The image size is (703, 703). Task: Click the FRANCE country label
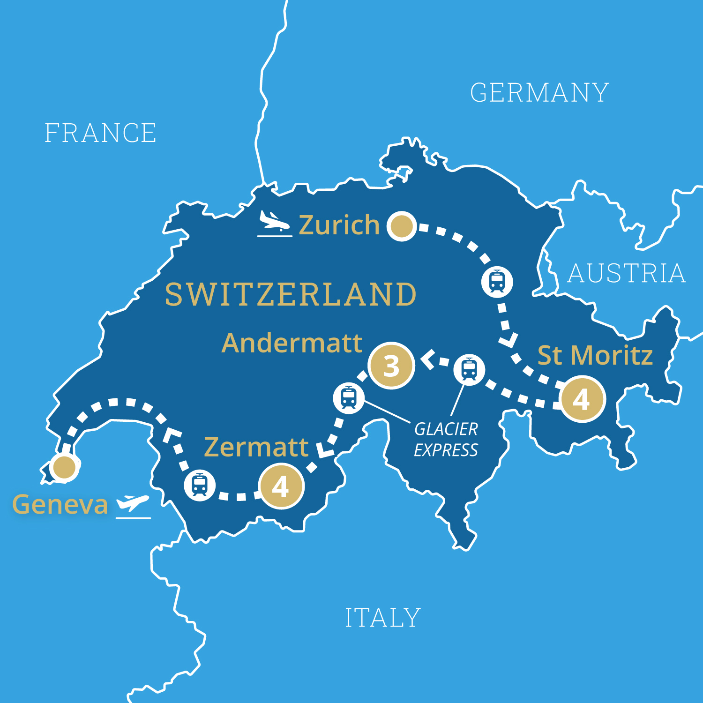click(100, 133)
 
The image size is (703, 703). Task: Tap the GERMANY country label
click(539, 93)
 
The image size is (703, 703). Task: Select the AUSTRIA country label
click(627, 273)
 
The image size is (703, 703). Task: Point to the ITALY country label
click(383, 618)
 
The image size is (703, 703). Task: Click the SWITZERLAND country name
click(291, 294)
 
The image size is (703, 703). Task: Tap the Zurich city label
click(339, 225)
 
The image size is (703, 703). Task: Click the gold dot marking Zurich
click(402, 226)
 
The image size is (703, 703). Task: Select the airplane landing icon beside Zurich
click(275, 224)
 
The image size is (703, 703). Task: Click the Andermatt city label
click(292, 343)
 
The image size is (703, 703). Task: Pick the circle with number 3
click(391, 366)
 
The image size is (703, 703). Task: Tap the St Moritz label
click(595, 355)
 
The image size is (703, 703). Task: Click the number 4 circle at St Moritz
click(582, 399)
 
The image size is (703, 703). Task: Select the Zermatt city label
click(256, 447)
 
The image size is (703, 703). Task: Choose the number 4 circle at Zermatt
click(281, 486)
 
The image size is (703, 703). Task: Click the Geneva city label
click(60, 505)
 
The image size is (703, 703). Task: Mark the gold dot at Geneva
click(64, 467)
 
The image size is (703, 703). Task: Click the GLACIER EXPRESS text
click(446, 440)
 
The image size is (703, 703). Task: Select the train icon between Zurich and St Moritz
click(497, 282)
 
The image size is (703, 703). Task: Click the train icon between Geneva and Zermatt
click(200, 485)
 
